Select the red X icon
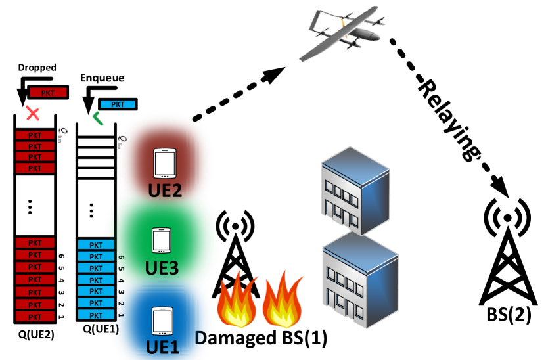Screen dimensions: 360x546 32,114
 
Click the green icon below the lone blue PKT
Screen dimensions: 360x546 98,118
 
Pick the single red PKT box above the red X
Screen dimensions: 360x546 48,93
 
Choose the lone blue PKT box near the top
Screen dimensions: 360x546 118,104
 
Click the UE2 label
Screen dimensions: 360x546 164,191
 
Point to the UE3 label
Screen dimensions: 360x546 162,268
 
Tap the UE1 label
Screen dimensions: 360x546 162,347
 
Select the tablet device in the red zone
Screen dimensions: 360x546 165,163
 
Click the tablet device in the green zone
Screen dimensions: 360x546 162,240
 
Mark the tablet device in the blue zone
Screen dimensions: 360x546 162,321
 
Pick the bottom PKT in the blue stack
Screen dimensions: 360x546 96,315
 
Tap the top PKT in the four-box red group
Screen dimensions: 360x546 35,135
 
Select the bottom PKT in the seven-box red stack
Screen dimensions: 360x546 35,317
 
